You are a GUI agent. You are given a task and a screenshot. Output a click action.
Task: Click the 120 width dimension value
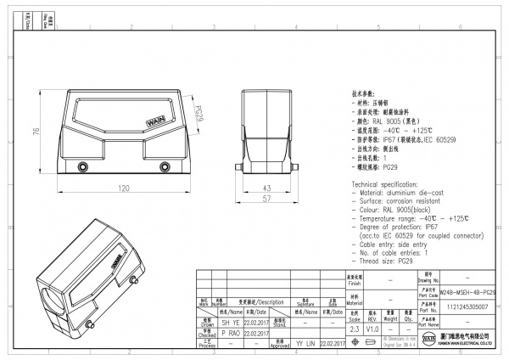(123, 188)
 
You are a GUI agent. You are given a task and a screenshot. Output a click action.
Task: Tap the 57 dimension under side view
(265, 198)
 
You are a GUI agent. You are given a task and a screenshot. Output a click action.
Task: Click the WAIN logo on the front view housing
(159, 124)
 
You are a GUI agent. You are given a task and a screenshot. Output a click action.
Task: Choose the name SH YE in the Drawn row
(232, 323)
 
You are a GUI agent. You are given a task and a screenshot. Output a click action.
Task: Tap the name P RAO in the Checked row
(232, 334)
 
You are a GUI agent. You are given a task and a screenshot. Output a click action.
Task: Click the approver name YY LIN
(305, 344)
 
